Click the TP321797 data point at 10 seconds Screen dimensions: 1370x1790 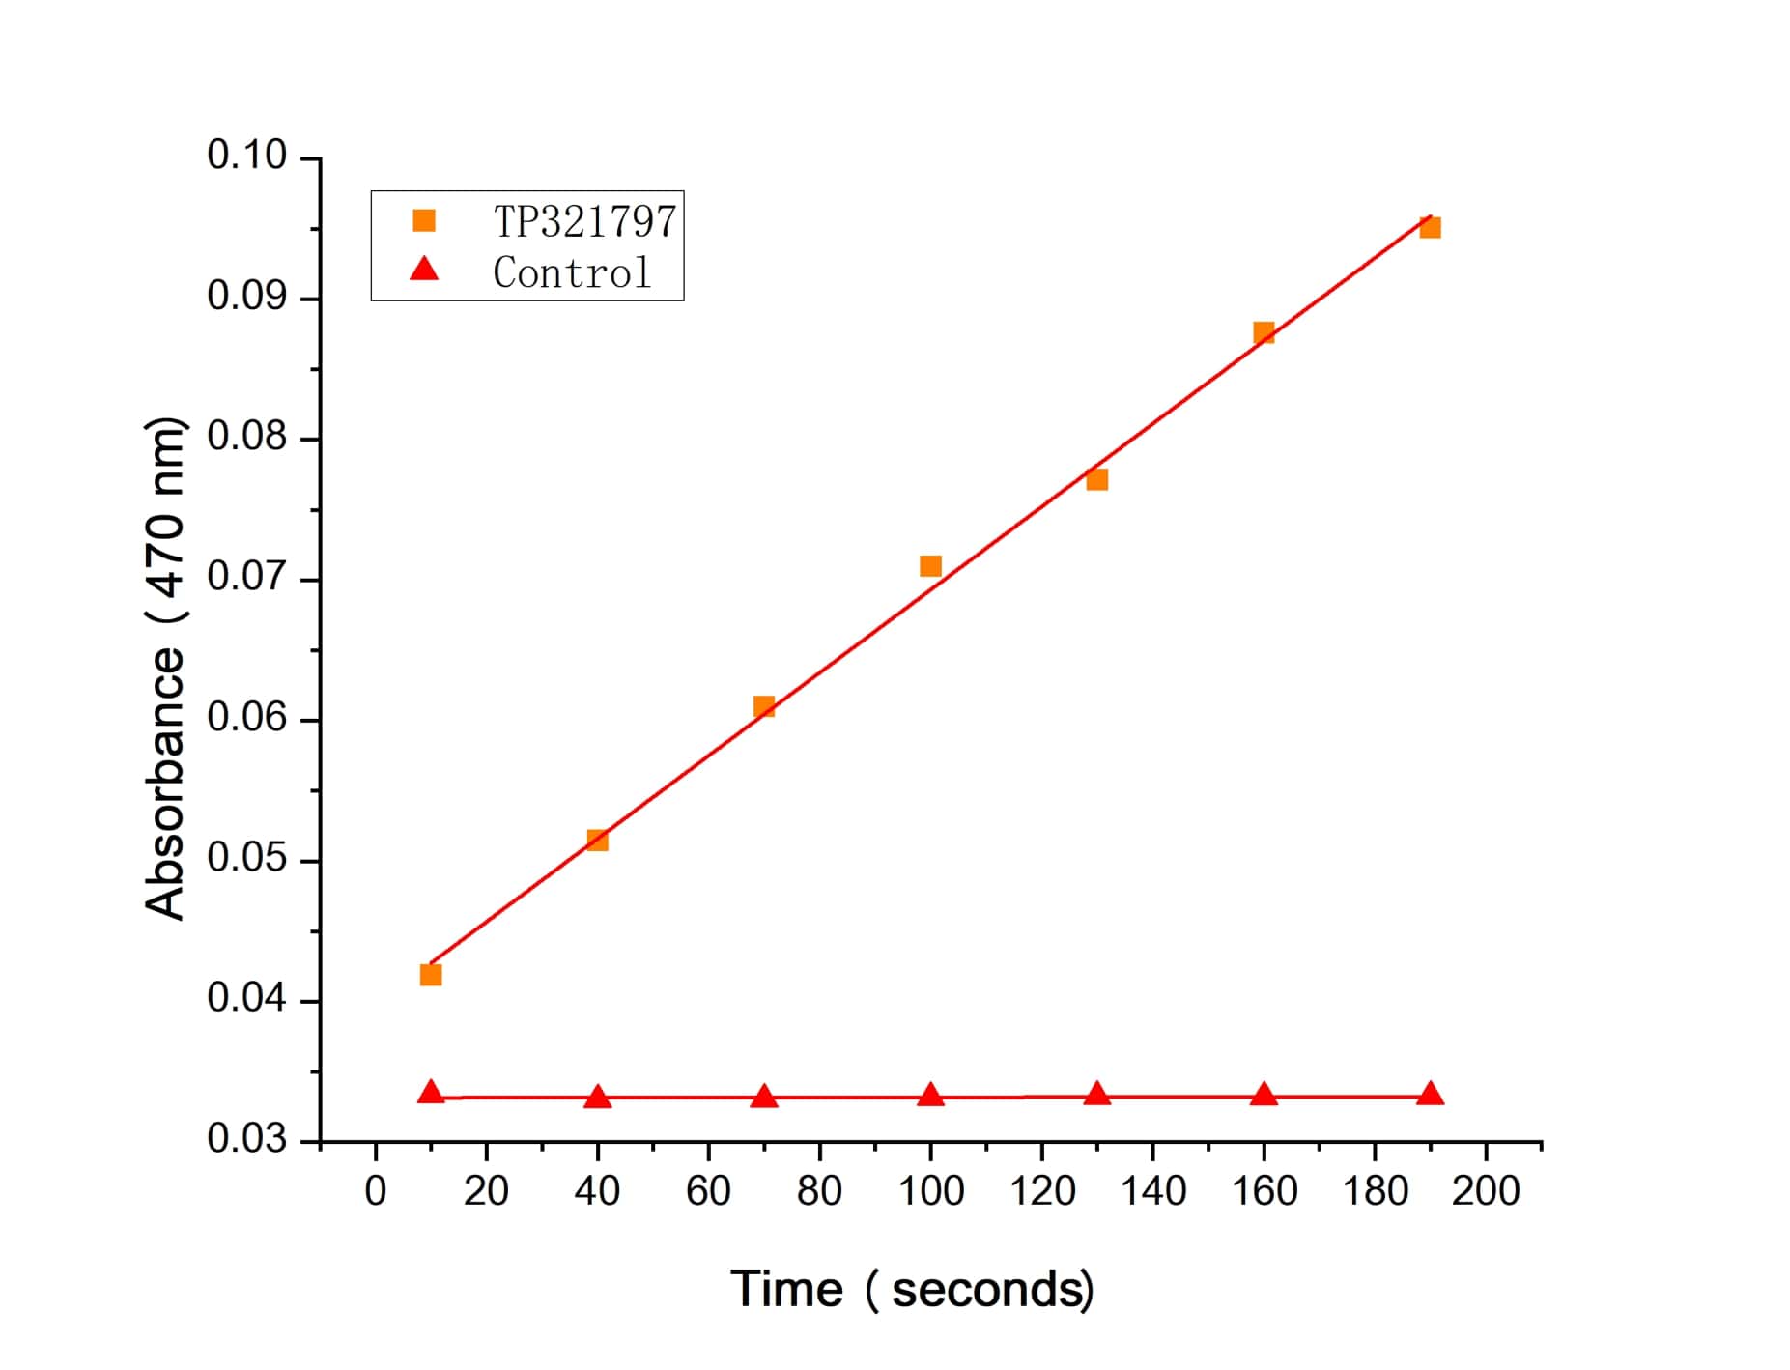(x=431, y=975)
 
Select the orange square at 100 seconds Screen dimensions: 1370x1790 (x=930, y=566)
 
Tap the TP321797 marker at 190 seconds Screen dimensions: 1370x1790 (x=1431, y=228)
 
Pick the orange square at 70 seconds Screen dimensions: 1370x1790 (x=764, y=706)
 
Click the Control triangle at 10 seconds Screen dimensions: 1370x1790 (x=431, y=1093)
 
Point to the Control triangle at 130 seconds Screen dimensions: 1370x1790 (x=1096, y=1094)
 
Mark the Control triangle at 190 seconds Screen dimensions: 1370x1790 (x=1431, y=1094)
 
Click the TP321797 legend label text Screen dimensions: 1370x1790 (x=584, y=221)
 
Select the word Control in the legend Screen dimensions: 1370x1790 (x=572, y=272)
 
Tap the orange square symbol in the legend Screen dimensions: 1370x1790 (x=424, y=221)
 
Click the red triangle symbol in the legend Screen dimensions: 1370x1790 (x=424, y=270)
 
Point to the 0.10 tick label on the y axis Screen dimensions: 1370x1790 (x=247, y=156)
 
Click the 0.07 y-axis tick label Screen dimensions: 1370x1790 (x=247, y=577)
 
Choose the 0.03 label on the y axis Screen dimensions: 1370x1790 (x=247, y=1139)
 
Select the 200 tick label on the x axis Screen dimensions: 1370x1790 (x=1486, y=1191)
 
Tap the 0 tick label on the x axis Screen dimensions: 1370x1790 (x=376, y=1191)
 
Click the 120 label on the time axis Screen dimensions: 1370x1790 (x=1042, y=1191)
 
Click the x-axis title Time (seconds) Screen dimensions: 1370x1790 (x=912, y=1289)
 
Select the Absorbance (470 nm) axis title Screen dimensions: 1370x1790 (x=164, y=667)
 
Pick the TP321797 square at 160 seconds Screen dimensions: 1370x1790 (x=1264, y=333)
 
